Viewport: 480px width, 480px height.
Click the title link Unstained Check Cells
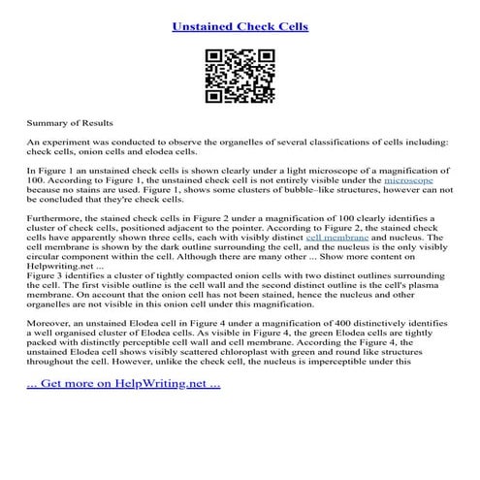[x=240, y=26]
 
